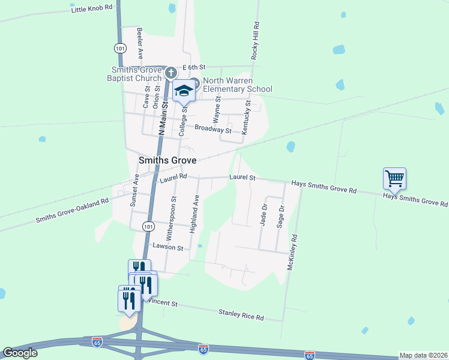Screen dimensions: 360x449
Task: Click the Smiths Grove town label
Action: [168, 161]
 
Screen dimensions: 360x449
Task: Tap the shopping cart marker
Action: [394, 178]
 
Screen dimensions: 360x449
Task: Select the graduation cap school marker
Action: [185, 91]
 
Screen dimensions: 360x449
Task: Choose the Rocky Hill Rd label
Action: [256, 40]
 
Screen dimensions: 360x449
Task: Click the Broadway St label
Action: [213, 129]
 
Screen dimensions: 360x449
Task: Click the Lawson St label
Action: [167, 247]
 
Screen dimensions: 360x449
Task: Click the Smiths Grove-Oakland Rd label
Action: [72, 211]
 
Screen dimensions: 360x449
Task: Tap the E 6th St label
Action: [194, 67]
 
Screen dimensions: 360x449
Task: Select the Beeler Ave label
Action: [139, 43]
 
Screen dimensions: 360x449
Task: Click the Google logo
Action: [20, 353]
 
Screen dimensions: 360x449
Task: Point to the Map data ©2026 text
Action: [423, 355]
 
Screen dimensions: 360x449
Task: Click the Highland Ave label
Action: [194, 214]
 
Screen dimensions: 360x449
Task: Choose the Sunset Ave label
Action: [135, 190]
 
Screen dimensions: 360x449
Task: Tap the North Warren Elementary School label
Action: [237, 85]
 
